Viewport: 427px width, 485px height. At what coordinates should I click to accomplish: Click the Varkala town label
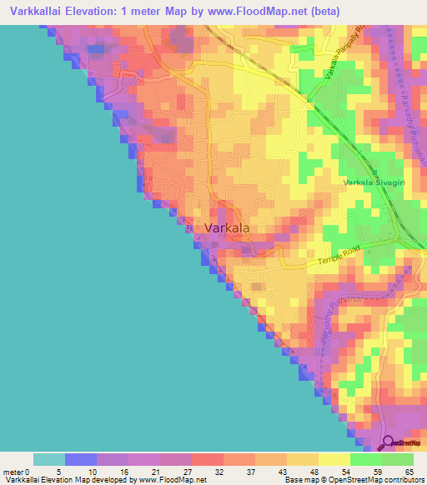(x=227, y=227)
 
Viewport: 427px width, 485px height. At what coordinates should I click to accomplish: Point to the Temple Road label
(x=342, y=262)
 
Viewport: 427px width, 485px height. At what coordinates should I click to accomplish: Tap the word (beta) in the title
(x=323, y=11)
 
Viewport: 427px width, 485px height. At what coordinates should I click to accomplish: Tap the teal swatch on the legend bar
(x=48, y=459)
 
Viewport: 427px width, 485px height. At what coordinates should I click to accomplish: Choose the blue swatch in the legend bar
(x=80, y=459)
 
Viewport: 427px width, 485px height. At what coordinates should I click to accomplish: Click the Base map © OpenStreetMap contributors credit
(x=352, y=480)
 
